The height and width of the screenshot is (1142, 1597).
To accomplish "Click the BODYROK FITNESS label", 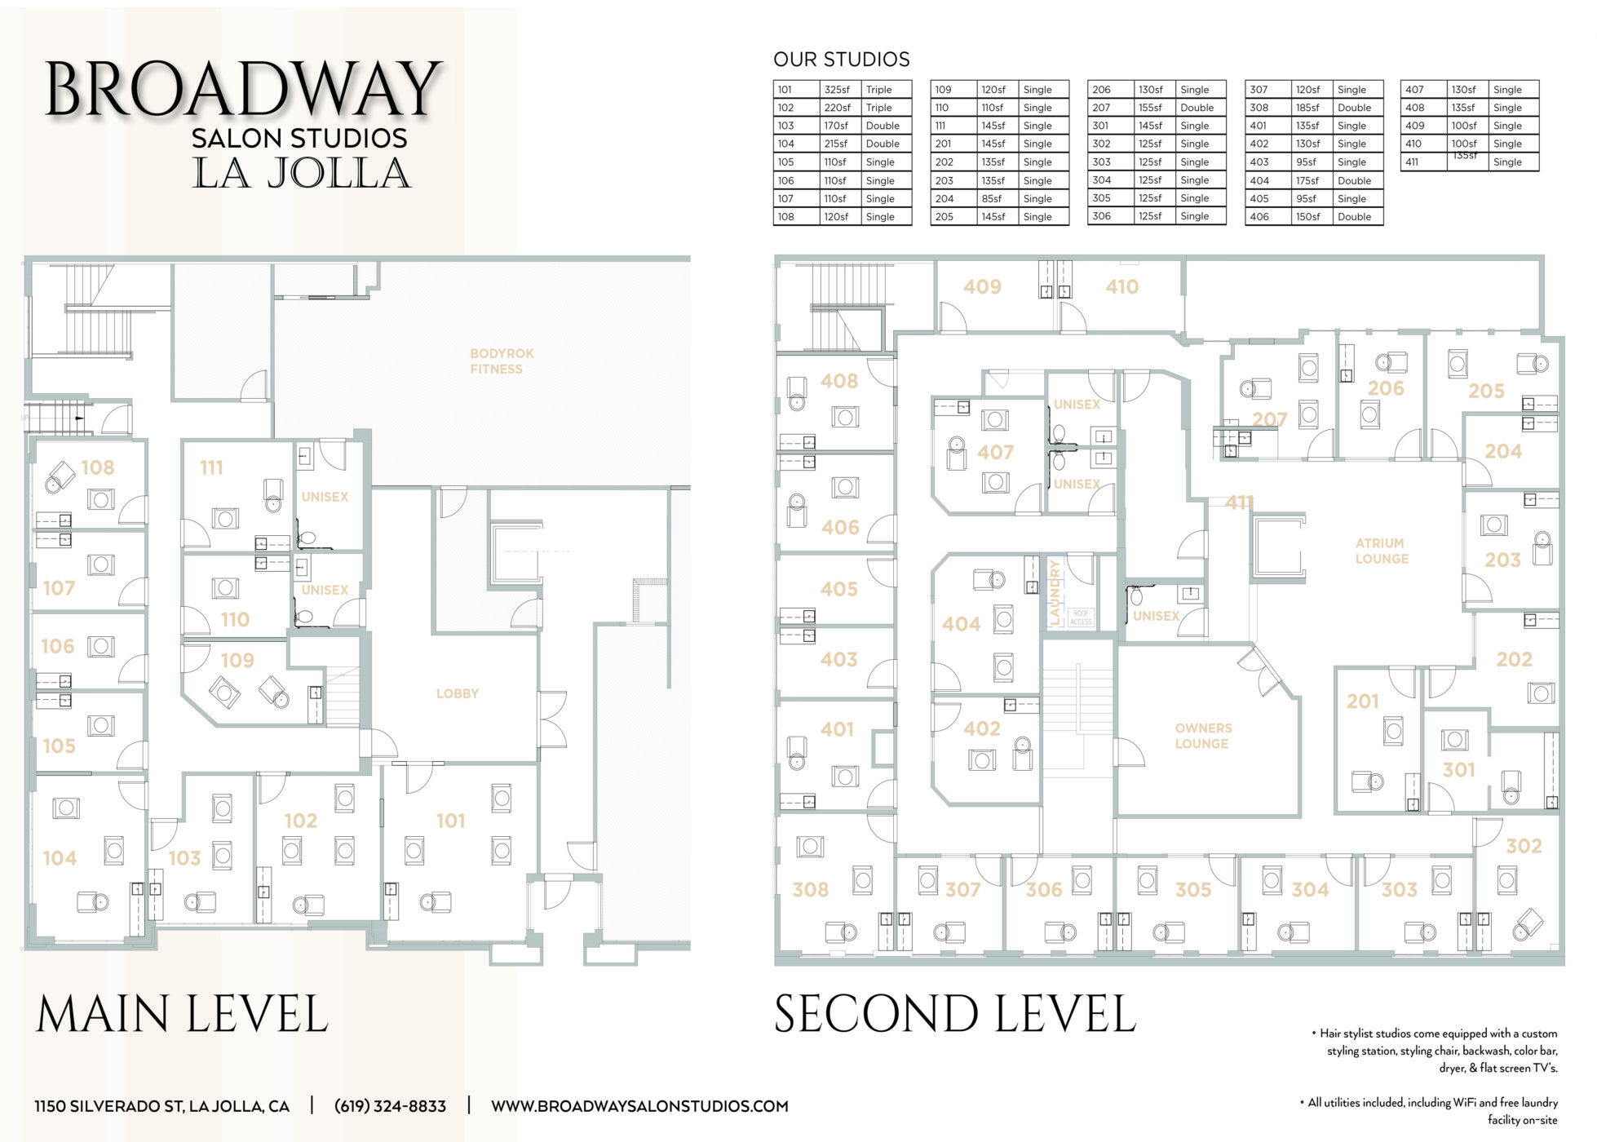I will [501, 361].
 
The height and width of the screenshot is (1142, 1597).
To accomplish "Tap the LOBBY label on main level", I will [457, 693].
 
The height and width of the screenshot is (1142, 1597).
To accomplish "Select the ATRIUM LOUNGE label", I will [1381, 551].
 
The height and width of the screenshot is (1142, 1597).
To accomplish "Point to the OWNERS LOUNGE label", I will [1202, 736].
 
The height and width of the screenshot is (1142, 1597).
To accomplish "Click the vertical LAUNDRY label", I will [1054, 591].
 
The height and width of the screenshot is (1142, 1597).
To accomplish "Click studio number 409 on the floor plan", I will [981, 287].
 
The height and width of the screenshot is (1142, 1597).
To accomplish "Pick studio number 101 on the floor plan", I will [450, 821].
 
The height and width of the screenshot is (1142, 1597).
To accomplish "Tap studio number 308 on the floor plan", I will [810, 889].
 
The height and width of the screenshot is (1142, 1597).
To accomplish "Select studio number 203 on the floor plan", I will [1502, 560].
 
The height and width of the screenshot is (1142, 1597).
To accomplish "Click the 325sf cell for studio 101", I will [836, 90].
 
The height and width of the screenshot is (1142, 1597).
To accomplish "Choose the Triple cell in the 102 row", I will [878, 108].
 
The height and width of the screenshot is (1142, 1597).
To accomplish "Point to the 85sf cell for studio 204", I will [991, 198].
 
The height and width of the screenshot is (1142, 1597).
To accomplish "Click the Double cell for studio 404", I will [1353, 180].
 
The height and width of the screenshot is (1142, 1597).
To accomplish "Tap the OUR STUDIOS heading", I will [841, 60].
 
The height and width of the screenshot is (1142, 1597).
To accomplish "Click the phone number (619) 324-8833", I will [390, 1106].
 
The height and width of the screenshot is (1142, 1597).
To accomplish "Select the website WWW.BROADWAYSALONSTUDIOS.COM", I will [639, 1106].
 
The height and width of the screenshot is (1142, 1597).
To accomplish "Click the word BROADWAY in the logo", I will [242, 90].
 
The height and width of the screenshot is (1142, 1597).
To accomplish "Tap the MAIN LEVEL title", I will [182, 1014].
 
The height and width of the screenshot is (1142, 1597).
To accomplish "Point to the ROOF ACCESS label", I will [1080, 617].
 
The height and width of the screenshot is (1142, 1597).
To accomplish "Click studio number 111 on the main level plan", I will [211, 467].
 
